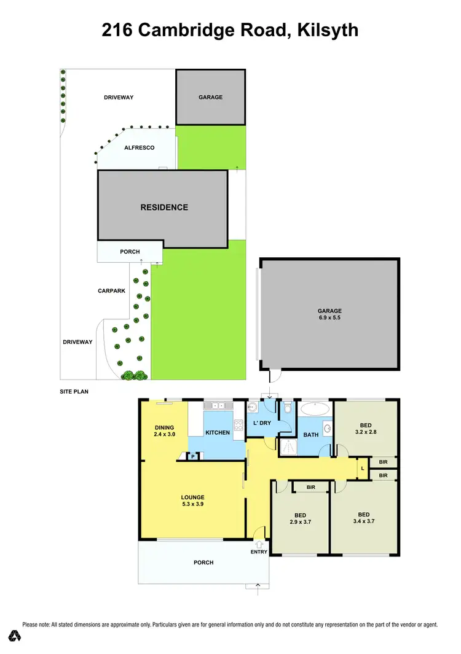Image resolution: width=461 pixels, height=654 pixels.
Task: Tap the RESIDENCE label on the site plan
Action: click(164, 208)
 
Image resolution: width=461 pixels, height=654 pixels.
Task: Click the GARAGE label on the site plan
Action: click(210, 97)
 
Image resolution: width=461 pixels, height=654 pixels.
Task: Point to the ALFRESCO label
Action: click(139, 148)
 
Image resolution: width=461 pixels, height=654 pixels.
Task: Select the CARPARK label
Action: click(111, 290)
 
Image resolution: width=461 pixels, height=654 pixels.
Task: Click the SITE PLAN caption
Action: click(74, 391)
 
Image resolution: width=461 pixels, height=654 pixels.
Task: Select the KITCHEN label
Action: click(218, 433)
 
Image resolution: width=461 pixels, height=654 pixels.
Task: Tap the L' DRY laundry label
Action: click(262, 423)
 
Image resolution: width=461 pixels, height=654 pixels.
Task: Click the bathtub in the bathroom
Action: click(315, 408)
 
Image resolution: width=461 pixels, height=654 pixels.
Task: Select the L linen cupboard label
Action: click(363, 469)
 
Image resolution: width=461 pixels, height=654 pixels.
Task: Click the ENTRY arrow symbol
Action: click(259, 543)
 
